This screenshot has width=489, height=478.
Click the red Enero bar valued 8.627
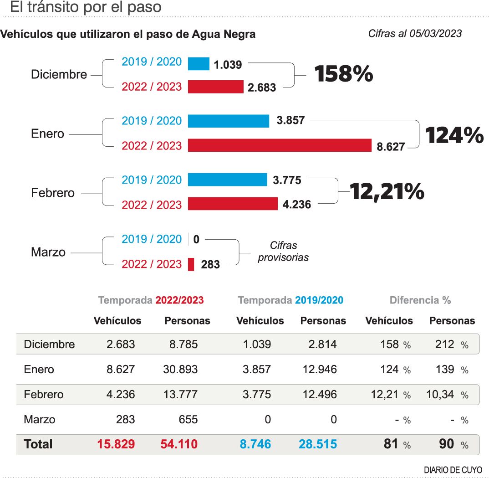(280, 145)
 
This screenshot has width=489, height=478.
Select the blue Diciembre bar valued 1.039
(199, 64)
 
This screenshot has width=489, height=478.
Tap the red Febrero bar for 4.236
(232, 204)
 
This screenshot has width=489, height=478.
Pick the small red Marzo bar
(191, 264)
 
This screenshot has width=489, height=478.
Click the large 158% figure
(344, 74)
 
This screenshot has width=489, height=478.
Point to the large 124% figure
(454, 135)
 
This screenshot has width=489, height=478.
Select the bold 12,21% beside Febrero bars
(387, 192)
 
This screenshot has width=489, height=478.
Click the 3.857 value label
(290, 121)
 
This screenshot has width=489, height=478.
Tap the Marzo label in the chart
(48, 252)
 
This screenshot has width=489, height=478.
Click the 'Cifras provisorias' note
(283, 252)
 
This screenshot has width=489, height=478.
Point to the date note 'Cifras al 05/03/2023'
(415, 34)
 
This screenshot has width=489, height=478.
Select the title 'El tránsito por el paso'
(86, 7)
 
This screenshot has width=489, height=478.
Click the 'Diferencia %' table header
(420, 300)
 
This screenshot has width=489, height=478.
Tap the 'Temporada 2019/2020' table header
(290, 300)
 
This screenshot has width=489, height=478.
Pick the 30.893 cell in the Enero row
(180, 369)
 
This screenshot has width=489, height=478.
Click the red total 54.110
(179, 444)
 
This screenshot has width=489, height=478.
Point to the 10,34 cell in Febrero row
(440, 394)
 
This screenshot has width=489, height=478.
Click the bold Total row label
(38, 444)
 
